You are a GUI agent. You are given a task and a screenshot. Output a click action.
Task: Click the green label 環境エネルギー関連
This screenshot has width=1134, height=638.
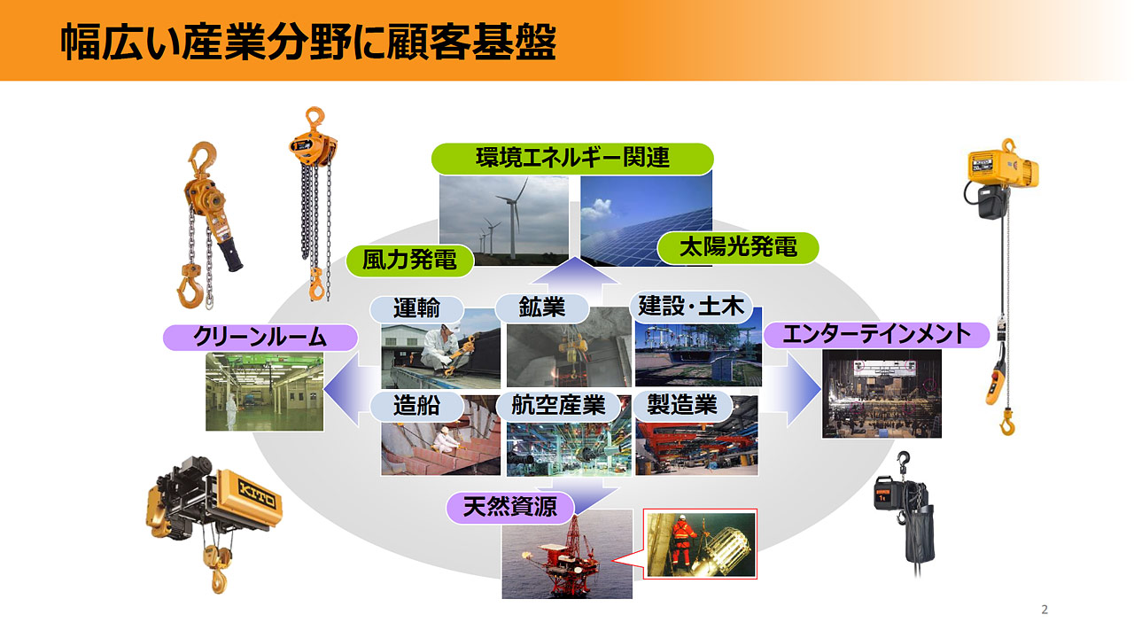click(x=572, y=159)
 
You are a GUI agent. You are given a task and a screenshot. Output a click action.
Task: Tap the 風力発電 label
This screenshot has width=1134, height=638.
click(x=409, y=261)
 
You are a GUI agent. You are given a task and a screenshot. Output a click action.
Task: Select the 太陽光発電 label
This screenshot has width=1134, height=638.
click(x=738, y=248)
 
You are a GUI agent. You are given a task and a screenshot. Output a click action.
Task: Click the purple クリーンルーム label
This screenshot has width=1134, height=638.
click(x=260, y=338)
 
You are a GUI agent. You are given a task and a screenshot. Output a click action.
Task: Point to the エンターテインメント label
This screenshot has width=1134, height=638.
click(x=876, y=335)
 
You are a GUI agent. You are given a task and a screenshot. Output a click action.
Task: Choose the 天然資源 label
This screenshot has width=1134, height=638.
click(x=509, y=508)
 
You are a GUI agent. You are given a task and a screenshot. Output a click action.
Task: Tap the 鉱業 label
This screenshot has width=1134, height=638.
click(x=541, y=307)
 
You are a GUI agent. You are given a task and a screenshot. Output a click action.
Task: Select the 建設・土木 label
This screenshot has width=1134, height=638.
click(x=691, y=307)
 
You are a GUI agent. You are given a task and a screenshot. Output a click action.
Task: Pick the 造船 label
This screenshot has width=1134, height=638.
click(x=416, y=406)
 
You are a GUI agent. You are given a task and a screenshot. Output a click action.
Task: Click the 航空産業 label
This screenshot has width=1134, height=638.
click(x=558, y=406)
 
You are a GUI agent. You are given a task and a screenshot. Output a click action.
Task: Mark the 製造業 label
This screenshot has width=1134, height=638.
click(x=682, y=406)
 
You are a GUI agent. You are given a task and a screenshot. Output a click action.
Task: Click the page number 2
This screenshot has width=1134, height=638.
click(x=1045, y=610)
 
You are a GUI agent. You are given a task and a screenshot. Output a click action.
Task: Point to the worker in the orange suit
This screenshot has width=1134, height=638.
click(x=683, y=541)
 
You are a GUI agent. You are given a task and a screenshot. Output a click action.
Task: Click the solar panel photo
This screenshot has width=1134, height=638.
click(x=646, y=220)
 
